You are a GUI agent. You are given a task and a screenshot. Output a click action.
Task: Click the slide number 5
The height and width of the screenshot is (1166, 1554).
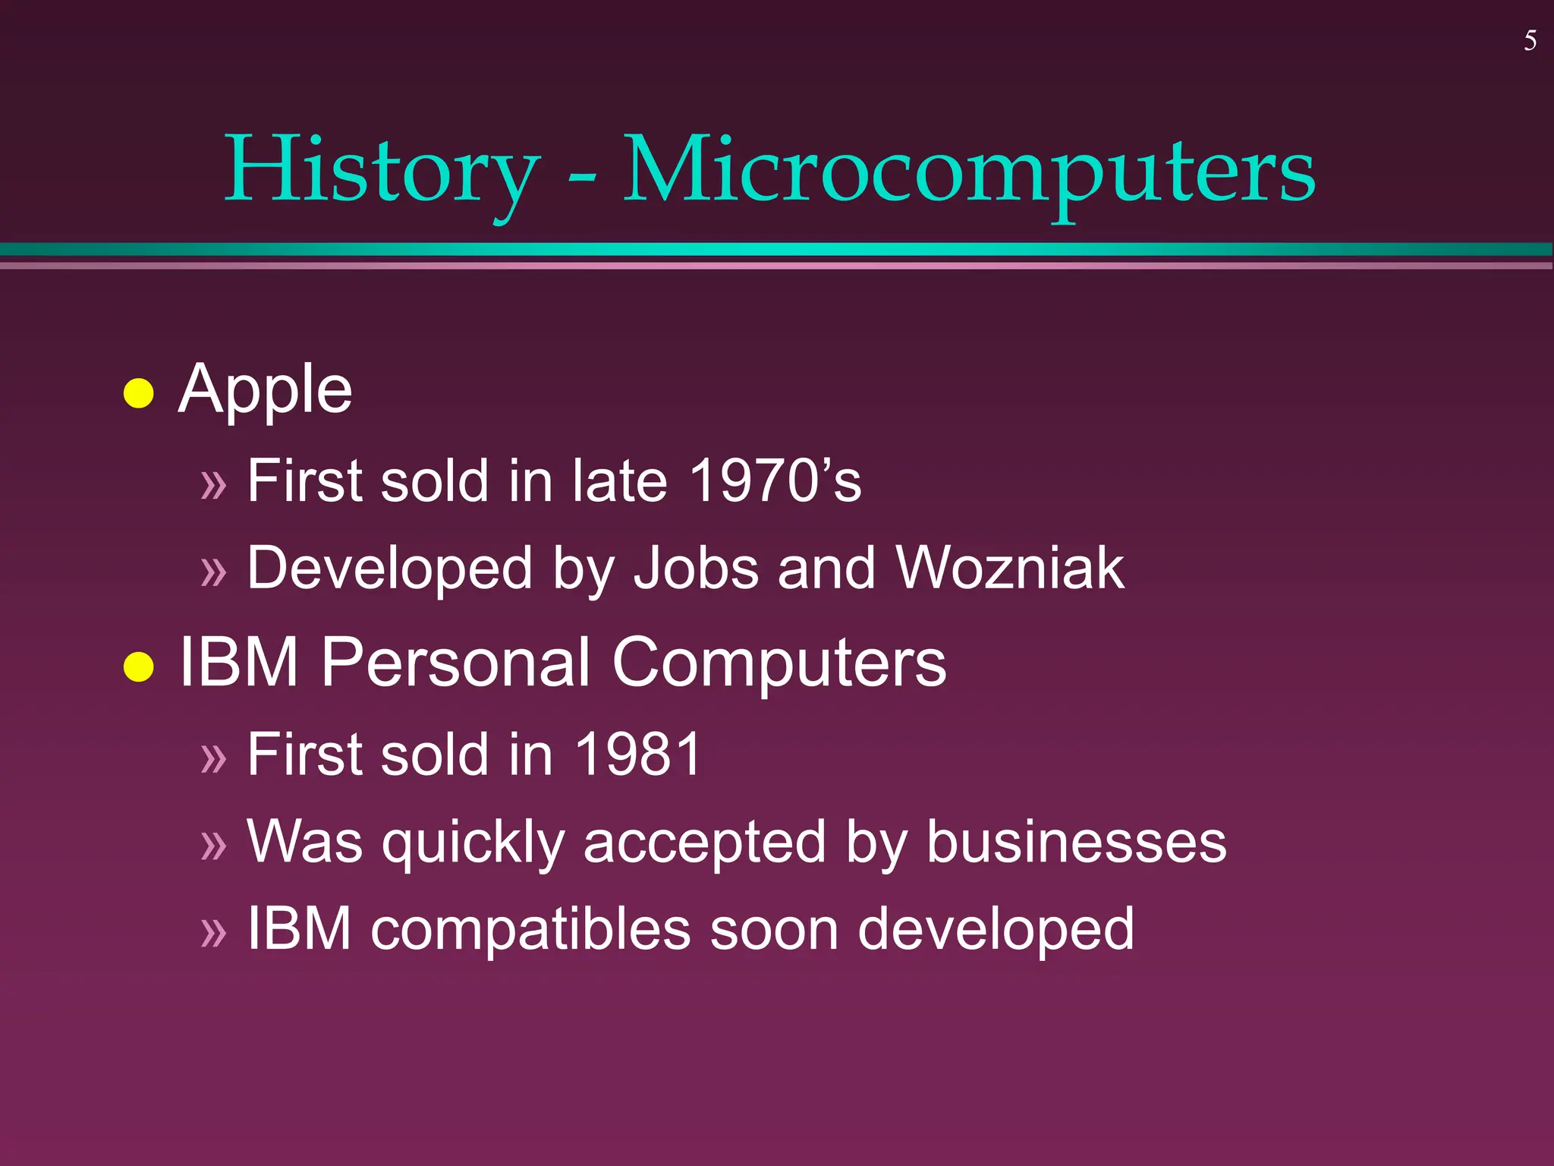click(1530, 41)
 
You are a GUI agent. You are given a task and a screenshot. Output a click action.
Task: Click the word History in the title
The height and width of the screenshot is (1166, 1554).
click(382, 170)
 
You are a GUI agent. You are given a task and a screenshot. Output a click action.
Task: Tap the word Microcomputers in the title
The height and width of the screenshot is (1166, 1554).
click(969, 170)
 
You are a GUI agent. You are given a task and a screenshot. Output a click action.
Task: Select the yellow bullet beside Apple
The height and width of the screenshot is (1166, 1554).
click(139, 393)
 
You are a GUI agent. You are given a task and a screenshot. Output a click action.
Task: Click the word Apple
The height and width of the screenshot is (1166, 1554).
click(265, 390)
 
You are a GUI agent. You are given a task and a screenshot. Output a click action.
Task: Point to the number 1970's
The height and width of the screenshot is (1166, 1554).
click(775, 481)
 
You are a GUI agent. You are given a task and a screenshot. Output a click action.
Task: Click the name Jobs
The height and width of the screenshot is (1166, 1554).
click(696, 568)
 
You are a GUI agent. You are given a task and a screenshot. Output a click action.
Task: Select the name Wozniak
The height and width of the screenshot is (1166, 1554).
click(1009, 568)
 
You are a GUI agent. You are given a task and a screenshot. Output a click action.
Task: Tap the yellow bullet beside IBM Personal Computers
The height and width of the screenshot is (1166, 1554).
click(139, 667)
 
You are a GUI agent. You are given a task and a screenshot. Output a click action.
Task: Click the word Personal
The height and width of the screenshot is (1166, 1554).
click(455, 663)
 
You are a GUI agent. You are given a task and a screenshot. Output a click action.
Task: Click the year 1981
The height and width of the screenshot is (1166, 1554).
click(638, 755)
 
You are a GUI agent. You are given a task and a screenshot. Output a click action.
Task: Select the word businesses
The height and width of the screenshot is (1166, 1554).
click(1076, 842)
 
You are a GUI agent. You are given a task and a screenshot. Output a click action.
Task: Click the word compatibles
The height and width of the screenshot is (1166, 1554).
click(530, 929)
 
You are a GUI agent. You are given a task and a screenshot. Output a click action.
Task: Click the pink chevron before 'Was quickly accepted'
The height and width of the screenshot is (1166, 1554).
click(214, 845)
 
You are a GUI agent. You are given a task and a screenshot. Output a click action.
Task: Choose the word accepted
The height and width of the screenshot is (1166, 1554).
click(704, 843)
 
